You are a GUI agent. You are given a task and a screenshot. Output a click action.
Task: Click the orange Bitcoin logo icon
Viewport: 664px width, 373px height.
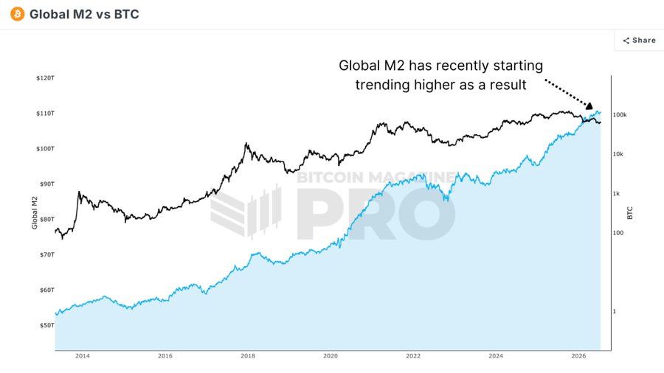(x=18, y=14)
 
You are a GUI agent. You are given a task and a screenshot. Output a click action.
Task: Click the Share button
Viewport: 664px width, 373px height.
(x=639, y=41)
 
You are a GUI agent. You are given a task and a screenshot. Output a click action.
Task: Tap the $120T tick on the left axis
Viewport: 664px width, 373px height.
(x=45, y=78)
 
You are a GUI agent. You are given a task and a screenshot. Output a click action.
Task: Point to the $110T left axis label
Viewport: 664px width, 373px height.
(x=45, y=114)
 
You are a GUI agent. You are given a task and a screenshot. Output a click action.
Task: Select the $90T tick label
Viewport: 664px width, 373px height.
(x=47, y=184)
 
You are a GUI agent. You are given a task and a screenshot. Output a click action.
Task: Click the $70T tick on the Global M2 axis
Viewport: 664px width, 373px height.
(x=47, y=254)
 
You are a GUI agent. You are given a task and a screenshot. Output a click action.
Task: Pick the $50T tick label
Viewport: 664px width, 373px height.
(x=47, y=325)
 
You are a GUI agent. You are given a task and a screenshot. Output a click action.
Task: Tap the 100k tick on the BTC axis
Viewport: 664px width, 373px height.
(x=620, y=115)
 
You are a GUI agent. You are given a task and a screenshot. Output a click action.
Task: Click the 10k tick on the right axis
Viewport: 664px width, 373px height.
(x=618, y=154)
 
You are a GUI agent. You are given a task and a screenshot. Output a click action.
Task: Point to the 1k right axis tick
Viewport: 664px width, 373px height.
(x=616, y=194)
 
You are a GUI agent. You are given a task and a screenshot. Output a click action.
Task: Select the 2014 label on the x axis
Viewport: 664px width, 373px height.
(x=83, y=356)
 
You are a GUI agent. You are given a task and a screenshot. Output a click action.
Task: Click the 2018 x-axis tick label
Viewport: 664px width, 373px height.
(x=248, y=356)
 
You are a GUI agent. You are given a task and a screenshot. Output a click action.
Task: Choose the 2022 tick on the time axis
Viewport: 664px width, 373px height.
(x=413, y=356)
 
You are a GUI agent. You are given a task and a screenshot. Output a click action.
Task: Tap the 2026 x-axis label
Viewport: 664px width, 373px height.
(x=578, y=356)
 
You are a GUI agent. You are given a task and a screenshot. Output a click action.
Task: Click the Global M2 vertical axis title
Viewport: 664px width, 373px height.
(x=35, y=213)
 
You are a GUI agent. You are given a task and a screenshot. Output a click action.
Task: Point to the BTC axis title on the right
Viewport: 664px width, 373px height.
(x=630, y=213)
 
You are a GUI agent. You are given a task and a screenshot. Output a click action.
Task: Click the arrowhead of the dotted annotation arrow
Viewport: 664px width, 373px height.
(x=589, y=105)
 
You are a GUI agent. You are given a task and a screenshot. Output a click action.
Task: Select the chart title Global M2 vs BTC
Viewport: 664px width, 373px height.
(x=84, y=14)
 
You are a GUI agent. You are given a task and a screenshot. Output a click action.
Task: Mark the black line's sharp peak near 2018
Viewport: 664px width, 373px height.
(x=246, y=144)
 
